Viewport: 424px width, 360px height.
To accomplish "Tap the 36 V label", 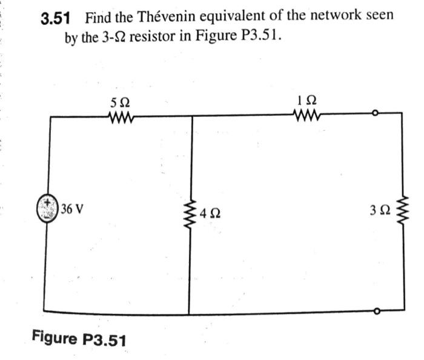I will tap(73, 210).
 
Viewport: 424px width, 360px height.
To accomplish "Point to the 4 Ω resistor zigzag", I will tap(192, 212).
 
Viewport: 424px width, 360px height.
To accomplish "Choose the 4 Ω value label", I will tap(210, 213).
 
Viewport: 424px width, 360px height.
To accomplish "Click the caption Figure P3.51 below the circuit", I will tap(79, 338).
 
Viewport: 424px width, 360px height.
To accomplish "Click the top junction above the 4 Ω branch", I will tap(192, 115).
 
